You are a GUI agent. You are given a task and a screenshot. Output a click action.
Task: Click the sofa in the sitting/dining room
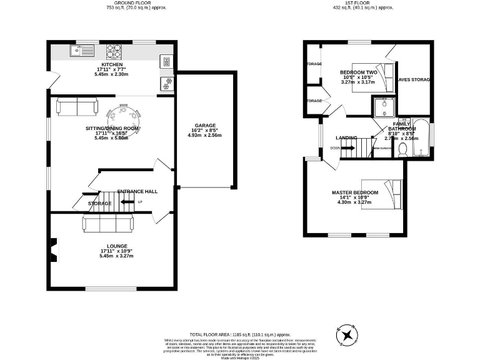coord(77,107)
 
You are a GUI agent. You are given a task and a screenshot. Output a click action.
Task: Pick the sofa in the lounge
coord(107,224)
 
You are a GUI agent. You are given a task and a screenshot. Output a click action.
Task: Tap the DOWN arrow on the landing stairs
coord(336,148)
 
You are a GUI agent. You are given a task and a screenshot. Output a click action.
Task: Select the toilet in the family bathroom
coord(403,149)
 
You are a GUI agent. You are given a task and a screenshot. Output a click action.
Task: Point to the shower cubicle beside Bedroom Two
coord(382,107)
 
